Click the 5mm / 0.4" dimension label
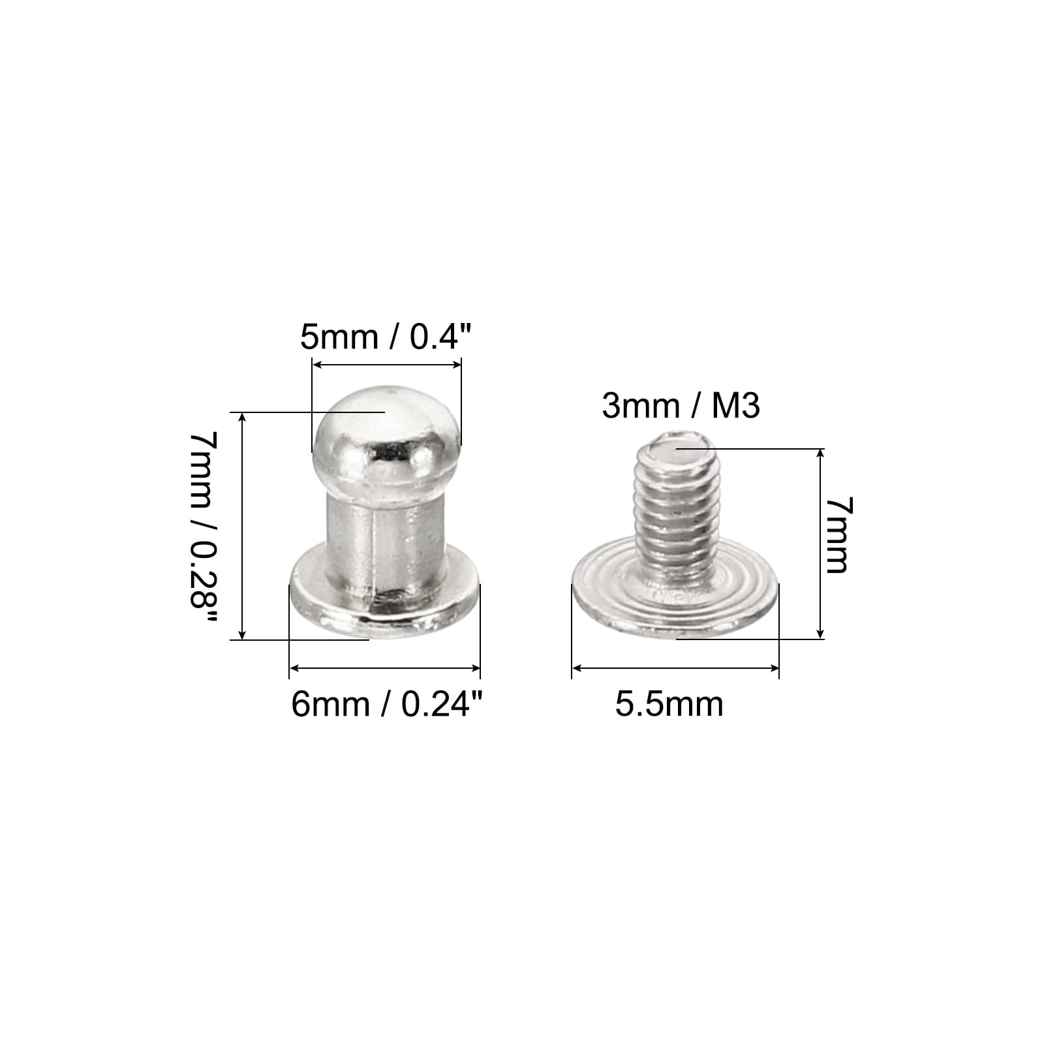[385, 337]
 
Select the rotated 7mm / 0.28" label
[201, 530]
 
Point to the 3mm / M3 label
[681, 406]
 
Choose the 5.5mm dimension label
[669, 705]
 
